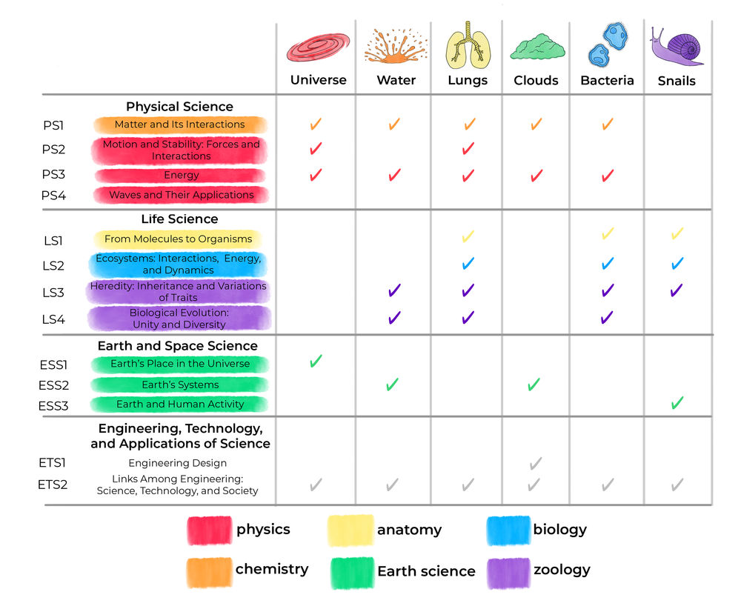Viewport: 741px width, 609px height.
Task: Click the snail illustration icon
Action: pyautogui.click(x=677, y=47)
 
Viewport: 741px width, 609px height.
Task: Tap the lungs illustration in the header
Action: pyautogui.click(x=467, y=45)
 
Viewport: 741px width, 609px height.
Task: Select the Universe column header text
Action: pyautogui.click(x=318, y=80)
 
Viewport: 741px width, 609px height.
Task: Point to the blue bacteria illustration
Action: pyautogui.click(x=607, y=45)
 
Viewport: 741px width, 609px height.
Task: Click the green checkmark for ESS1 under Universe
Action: pyautogui.click(x=316, y=362)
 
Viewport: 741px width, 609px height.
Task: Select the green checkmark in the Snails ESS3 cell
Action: pyautogui.click(x=677, y=403)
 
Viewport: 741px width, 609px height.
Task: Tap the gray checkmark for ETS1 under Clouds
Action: pyautogui.click(x=536, y=464)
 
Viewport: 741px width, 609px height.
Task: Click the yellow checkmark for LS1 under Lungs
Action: pyautogui.click(x=468, y=237)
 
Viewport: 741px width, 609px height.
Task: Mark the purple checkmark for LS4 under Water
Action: pyautogui.click(x=394, y=318)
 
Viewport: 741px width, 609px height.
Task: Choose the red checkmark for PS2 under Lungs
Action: pyautogui.click(x=468, y=149)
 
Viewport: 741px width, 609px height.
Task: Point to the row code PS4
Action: pyautogui.click(x=53, y=196)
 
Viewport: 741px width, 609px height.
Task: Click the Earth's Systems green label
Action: pyautogui.click(x=180, y=385)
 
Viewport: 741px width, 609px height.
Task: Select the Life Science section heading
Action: pyautogui.click(x=179, y=219)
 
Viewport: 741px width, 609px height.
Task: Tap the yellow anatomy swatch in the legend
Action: pyautogui.click(x=350, y=530)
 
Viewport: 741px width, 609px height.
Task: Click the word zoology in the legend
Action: pyautogui.click(x=561, y=570)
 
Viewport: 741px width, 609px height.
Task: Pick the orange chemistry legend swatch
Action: pyautogui.click(x=208, y=570)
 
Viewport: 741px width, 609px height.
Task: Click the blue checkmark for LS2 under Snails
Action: pyautogui.click(x=677, y=264)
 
